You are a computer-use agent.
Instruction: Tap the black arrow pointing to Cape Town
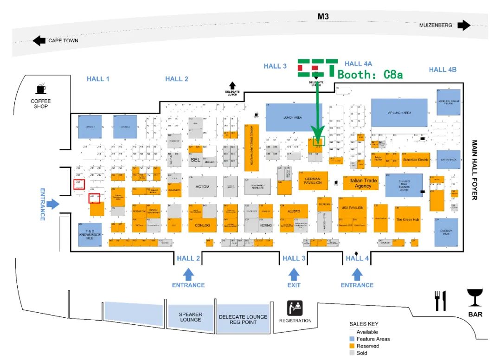pos(39,41)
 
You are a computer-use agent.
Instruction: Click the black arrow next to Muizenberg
pos(463,25)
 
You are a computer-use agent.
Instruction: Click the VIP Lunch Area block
pos(399,113)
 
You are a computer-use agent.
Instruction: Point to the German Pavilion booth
pos(313,180)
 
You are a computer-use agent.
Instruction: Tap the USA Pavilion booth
pos(352,207)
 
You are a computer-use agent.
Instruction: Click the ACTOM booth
pos(203,186)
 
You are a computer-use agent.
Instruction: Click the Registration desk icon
pos(295,308)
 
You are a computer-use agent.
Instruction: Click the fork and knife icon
pos(440,301)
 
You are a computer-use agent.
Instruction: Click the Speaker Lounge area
pos(190,317)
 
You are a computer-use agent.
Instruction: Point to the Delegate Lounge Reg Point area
pos(243,319)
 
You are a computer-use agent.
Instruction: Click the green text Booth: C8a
pos(370,74)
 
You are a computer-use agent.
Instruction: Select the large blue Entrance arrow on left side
pos(53,204)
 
